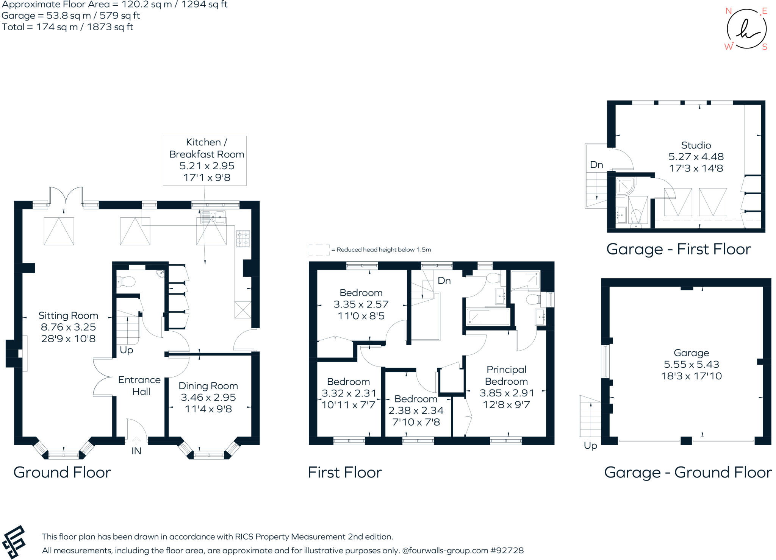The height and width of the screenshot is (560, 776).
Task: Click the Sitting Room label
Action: pyautogui.click(x=68, y=315)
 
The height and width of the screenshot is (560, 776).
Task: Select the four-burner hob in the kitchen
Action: pyautogui.click(x=243, y=239)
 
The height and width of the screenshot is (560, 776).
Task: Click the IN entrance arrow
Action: pyautogui.click(x=136, y=441)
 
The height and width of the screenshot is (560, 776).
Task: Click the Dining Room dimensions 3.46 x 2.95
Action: pyautogui.click(x=208, y=397)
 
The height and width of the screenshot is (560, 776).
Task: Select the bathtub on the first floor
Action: pyautogui.click(x=488, y=317)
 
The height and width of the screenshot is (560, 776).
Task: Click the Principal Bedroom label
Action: pyautogui.click(x=506, y=375)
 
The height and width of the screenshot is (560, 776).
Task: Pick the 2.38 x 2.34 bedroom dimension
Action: pyautogui.click(x=416, y=410)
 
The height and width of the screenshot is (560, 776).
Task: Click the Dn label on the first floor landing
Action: pyautogui.click(x=444, y=281)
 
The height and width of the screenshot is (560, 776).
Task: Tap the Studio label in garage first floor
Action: pyautogui.click(x=696, y=145)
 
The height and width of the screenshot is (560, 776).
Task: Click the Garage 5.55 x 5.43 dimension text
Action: pyautogui.click(x=691, y=364)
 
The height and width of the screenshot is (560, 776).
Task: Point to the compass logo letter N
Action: pyautogui.click(x=728, y=11)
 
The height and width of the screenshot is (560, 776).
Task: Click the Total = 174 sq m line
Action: pyautogui.click(x=67, y=27)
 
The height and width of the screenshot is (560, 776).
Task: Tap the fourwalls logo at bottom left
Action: pyautogui.click(x=14, y=542)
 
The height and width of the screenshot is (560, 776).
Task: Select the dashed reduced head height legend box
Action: pyautogui.click(x=319, y=250)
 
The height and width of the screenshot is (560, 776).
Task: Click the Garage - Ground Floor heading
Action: pyautogui.click(x=687, y=472)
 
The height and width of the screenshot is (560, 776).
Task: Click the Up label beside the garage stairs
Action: pyautogui.click(x=590, y=445)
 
